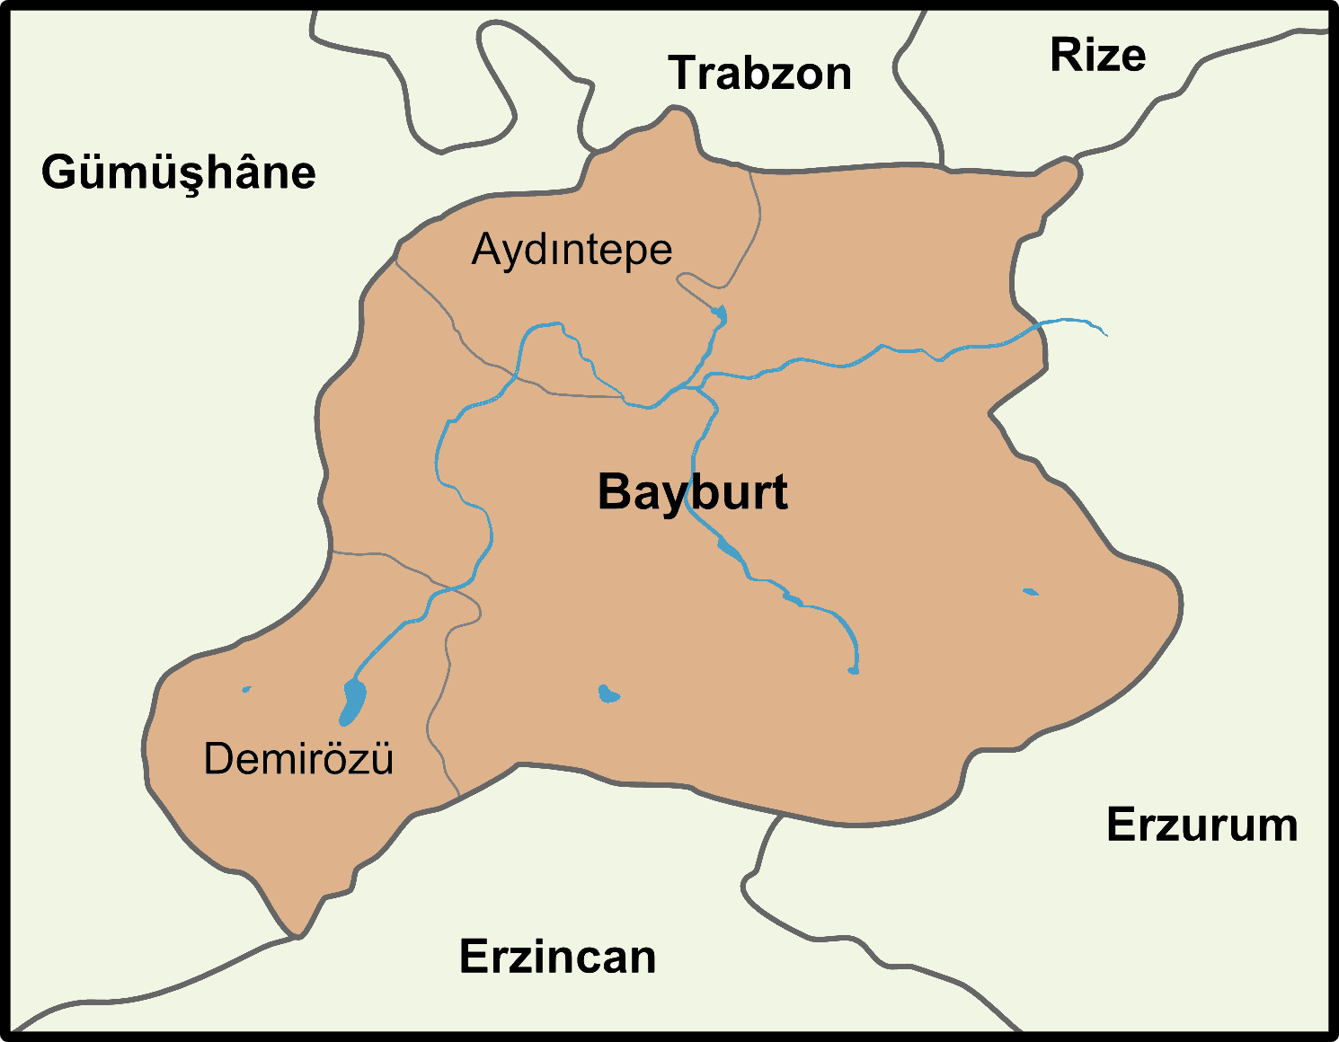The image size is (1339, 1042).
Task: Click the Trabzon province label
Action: coord(760,74)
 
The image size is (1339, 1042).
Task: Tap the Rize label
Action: coord(1097,56)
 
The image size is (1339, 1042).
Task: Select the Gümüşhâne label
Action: coord(179,172)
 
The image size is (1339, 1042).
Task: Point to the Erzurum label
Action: coord(1202,825)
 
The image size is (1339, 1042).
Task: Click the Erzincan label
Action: coord(557,957)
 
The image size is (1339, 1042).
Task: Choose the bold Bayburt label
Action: coord(692,492)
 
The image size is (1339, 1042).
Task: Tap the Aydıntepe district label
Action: coord(572,250)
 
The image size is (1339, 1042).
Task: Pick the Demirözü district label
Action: coord(298,759)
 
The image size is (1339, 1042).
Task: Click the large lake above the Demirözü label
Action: coord(352,701)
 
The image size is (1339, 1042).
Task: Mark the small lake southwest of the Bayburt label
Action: coord(608,693)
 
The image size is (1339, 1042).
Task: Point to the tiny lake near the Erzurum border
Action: coord(1030,592)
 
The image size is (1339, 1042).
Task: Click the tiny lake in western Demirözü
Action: coord(246,690)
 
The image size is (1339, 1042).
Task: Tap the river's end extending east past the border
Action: coord(1104,333)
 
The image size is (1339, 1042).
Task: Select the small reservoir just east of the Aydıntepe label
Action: coord(719,314)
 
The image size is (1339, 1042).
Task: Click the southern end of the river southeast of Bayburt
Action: coord(853,670)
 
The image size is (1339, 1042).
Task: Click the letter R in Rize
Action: coord(1066,56)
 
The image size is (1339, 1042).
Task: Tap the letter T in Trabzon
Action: coord(685,74)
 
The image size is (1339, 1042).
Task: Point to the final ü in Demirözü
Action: coord(381,759)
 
